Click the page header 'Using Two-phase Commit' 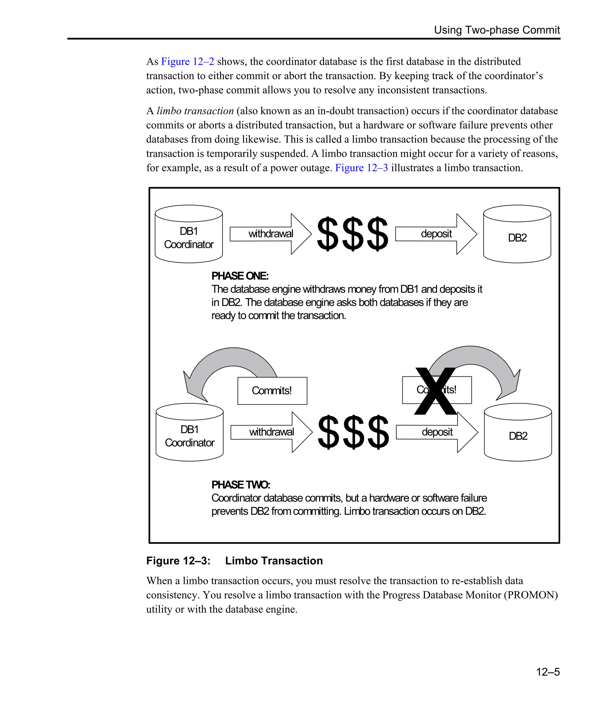497,30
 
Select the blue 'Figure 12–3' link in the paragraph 361,168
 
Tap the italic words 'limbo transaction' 195,111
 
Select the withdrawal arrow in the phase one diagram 271,234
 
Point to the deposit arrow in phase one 436,234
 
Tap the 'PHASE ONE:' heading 240,276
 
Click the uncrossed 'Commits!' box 272,391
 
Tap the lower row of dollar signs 354,432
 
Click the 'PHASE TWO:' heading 240,485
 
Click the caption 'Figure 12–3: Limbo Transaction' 234,561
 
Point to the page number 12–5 548,672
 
